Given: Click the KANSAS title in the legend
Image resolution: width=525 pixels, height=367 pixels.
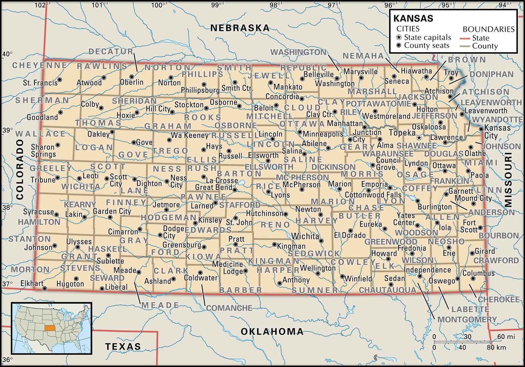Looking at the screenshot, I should coord(413,18).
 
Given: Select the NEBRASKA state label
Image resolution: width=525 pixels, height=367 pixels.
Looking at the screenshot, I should coord(240,28).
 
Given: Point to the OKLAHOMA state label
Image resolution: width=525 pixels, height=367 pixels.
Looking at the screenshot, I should coord(272,331).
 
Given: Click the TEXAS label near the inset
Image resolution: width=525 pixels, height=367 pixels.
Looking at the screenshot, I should coord(123,346).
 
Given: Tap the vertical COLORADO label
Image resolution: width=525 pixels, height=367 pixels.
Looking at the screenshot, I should coord(20,169).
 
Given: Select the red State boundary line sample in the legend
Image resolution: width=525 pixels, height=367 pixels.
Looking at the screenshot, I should coord(466,38).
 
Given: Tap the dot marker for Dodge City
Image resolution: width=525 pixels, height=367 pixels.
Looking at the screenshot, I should coord(160,235).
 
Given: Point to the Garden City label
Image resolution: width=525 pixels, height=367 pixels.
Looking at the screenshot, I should coord(112,211).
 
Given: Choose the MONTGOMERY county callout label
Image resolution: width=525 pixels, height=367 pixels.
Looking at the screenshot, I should coord(467,319).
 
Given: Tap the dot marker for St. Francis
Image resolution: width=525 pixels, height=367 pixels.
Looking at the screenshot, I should coord(60,79).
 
